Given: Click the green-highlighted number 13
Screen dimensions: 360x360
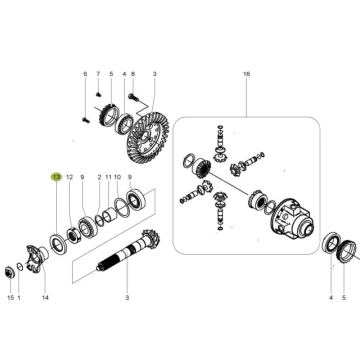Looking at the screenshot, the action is [56, 177].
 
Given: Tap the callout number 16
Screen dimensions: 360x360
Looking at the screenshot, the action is [246, 74].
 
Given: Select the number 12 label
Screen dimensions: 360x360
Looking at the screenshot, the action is [69, 177].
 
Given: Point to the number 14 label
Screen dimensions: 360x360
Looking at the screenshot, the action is [45, 297].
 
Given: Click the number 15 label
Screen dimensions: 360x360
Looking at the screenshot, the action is [11, 297].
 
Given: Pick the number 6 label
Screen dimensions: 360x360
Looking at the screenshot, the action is [85, 74].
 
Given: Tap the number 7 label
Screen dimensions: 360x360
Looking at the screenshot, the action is [98, 74].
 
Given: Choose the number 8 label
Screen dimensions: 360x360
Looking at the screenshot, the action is [133, 74].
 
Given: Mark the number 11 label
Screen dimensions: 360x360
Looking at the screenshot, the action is [108, 177].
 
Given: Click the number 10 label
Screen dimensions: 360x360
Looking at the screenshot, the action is [117, 177].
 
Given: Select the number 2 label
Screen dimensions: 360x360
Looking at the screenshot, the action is [99, 177].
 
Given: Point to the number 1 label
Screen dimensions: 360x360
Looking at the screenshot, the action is [19, 297].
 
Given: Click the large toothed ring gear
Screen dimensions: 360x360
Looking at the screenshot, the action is [148, 137].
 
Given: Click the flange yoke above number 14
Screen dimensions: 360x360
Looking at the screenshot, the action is [37, 257].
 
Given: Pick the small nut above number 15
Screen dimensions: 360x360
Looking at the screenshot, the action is [9, 272].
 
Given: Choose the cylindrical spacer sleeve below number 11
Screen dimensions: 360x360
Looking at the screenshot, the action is [108, 215].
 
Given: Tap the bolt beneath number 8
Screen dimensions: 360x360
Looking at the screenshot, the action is [132, 97].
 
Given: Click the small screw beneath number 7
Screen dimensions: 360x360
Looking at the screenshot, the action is [98, 94].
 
